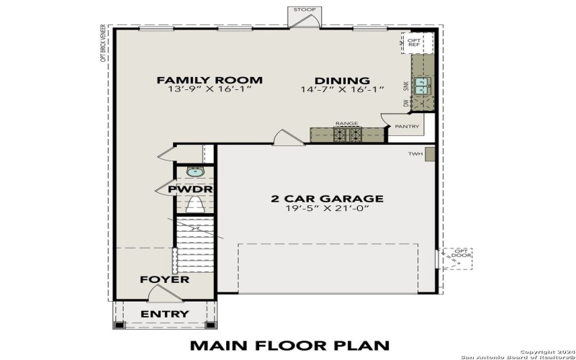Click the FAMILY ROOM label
pyautogui.click(x=210, y=80)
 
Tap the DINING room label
pyautogui.click(x=343, y=80)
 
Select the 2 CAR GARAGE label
pyautogui.click(x=327, y=199)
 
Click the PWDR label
pyautogui.click(x=190, y=189)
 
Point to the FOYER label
pyautogui.click(x=164, y=279)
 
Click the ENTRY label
pyautogui.click(x=164, y=314)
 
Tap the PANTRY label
pyautogui.click(x=407, y=127)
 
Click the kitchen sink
pyautogui.click(x=420, y=88)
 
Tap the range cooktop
pyautogui.click(x=346, y=134)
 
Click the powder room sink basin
pyautogui.click(x=194, y=171)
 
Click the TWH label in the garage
pyautogui.click(x=415, y=153)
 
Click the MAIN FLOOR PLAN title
pyautogui.click(x=289, y=346)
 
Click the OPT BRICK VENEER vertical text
pyautogui.click(x=104, y=44)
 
